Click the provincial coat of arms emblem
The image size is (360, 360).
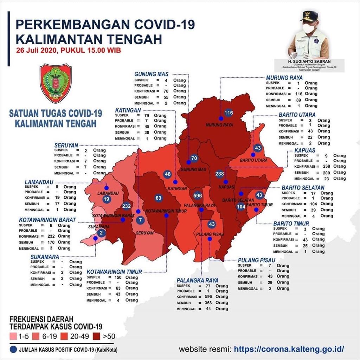coord(56,83)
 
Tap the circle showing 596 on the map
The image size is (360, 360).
coord(198,195)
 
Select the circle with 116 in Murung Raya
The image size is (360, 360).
coord(229,113)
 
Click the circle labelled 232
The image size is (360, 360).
coord(127,206)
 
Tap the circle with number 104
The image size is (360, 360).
coord(241,207)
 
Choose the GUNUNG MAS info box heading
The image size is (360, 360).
coord(152,74)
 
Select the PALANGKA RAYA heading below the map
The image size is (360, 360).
coord(198,280)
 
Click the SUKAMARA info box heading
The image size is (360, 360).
coord(45,257)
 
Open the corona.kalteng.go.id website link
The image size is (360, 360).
coord(289,349)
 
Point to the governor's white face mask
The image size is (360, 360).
coord(309,28)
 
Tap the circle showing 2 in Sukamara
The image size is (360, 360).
coord(101,233)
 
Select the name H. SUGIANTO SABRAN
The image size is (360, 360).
coord(309,62)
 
